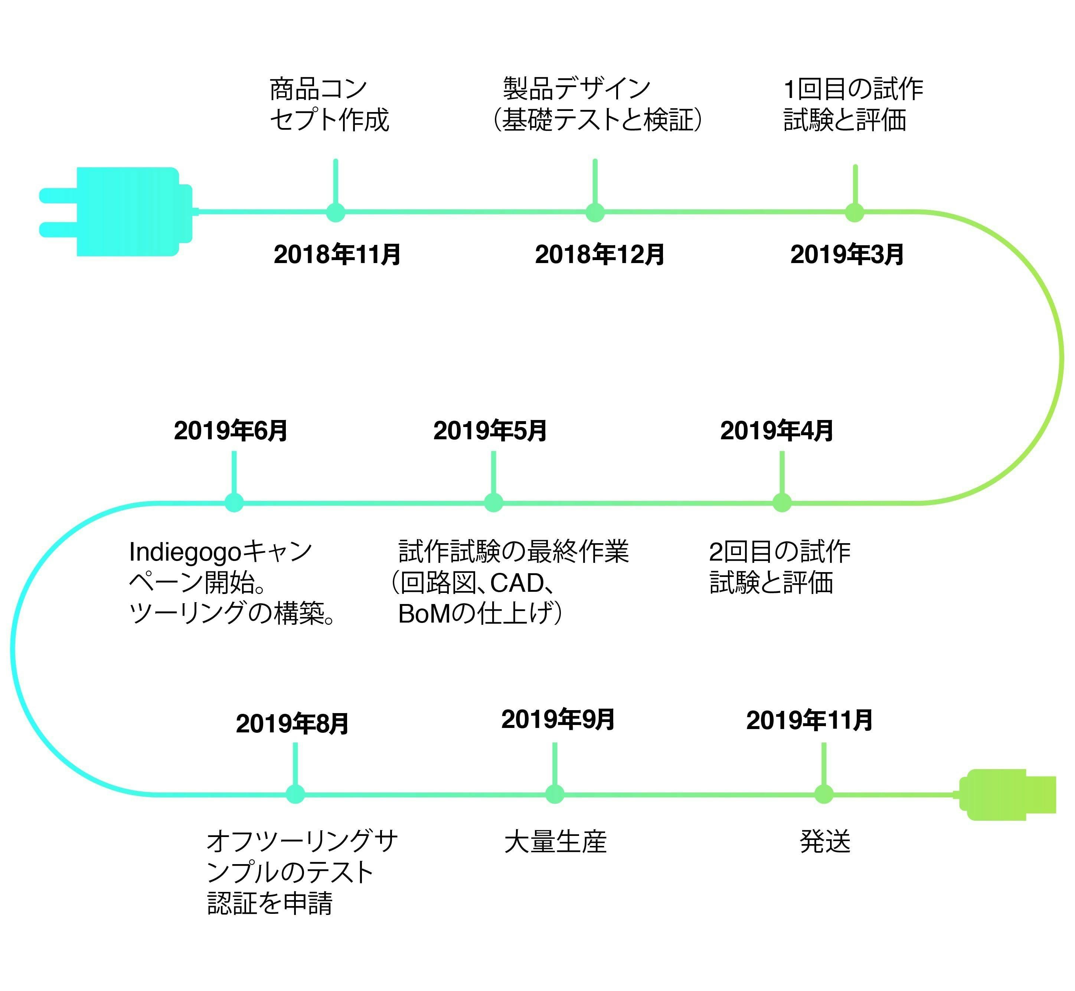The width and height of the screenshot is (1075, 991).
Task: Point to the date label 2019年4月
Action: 776,431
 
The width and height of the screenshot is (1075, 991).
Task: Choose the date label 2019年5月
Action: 490,431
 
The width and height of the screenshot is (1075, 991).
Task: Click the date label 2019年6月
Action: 231,431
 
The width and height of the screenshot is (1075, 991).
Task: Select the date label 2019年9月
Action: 558,720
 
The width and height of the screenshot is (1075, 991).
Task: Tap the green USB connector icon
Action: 1006,795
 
